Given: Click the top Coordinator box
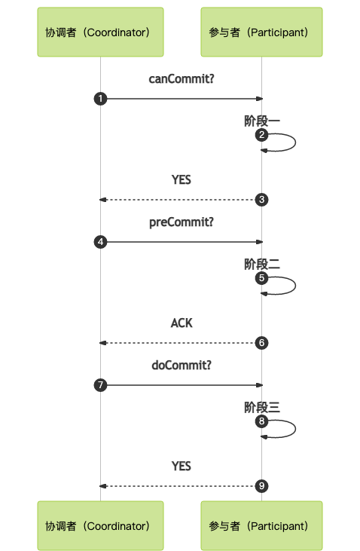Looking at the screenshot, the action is click(100, 32).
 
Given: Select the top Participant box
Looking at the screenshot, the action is click(261, 32).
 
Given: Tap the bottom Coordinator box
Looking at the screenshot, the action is click(100, 525).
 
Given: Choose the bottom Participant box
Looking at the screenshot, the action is click(261, 525).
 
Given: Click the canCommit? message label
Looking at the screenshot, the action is click(182, 79).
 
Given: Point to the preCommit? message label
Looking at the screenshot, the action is click(182, 222).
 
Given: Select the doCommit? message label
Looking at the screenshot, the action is click(182, 366).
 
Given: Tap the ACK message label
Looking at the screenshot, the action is click(182, 323).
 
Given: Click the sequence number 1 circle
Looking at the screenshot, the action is click(100, 99).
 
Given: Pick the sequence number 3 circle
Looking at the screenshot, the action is click(261, 200).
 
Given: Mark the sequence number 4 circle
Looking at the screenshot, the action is click(100, 242).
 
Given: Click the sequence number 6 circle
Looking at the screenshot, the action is click(261, 343).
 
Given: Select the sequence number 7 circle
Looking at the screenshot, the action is click(100, 385).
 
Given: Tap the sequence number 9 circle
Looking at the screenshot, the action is click(261, 486).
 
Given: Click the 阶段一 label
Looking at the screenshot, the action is click(262, 121).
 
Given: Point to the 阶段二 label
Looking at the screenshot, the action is click(262, 265).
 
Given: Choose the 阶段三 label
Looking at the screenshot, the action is click(262, 408).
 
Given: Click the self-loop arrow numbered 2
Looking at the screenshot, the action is click(295, 142).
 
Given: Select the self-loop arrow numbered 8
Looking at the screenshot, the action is click(295, 429).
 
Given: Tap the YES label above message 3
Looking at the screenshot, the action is click(182, 180).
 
